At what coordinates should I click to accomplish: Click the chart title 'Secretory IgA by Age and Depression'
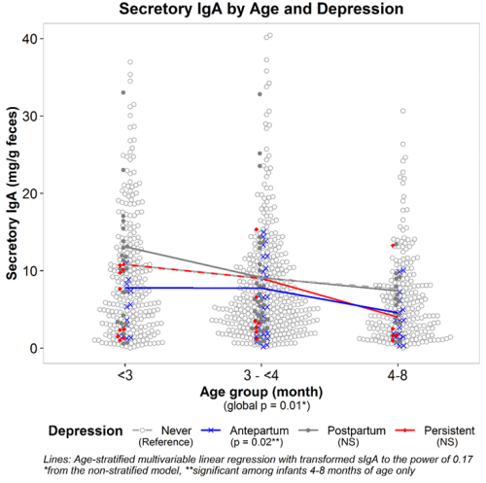point(261,9)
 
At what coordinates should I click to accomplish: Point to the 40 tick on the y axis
point(28,39)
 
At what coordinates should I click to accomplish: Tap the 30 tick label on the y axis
point(28,116)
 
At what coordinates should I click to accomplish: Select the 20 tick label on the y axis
point(28,193)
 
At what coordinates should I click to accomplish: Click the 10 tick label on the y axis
point(28,271)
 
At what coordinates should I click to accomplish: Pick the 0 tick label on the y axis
point(33,349)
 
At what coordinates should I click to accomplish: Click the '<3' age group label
point(125,375)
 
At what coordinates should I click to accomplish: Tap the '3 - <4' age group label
point(261,375)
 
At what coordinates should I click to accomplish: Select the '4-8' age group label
point(398,375)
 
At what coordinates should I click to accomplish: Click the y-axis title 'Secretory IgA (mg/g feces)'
point(12,193)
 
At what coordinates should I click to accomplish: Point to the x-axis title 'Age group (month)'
point(261,392)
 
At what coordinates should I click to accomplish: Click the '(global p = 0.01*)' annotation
point(266,406)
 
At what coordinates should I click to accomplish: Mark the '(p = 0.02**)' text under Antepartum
point(257,442)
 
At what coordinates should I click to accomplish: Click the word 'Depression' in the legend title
point(86,431)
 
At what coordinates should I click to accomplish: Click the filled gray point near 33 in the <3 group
point(123,92)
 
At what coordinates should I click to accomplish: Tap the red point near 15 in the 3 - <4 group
point(257,229)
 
